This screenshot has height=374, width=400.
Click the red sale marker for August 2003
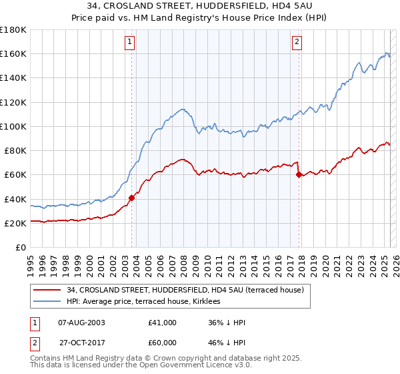coord(131,198)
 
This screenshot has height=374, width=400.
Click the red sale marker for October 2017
coord(299,175)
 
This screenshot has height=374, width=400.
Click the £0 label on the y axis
coord(21,247)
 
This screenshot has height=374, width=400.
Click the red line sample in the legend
coord(47,290)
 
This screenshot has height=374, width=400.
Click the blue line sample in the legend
coord(47,301)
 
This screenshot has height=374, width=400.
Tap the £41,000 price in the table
coord(163,323)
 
